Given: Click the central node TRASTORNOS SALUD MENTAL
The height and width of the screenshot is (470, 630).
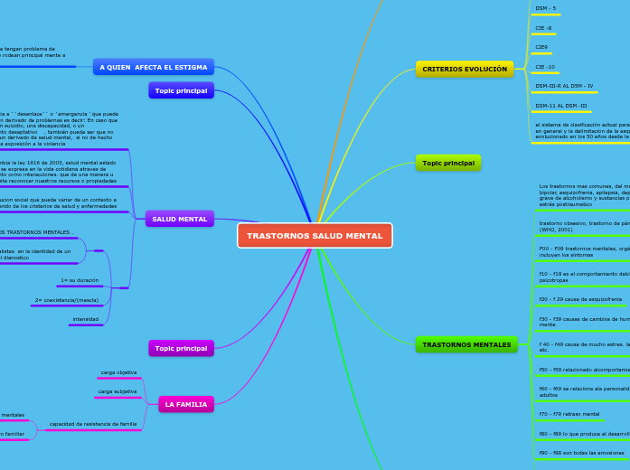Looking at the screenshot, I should pos(315,236).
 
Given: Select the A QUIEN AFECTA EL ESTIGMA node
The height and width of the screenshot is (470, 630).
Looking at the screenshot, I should pos(154,67).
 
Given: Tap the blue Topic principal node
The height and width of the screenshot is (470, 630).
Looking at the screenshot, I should pos(181,90).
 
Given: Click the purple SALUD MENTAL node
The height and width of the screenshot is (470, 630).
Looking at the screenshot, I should pos(179,219).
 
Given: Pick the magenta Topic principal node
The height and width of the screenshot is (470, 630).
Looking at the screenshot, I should pos(181,348).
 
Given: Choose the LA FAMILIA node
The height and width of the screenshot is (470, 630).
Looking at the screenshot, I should pos(185,404).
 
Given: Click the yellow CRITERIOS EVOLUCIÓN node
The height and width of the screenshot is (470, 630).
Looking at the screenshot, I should pos(465,69).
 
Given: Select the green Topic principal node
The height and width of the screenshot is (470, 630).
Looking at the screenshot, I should pos(448,163).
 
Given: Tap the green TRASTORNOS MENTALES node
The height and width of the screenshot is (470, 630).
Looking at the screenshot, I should pos(466,344).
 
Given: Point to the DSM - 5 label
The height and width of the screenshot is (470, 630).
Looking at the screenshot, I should pos(546,8).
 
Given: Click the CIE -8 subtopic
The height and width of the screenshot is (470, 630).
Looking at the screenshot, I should pos(543,28).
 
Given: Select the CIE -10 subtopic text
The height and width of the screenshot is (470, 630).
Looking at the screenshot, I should pos(545,67).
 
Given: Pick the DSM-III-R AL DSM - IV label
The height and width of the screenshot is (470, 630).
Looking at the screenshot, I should pos(564,86).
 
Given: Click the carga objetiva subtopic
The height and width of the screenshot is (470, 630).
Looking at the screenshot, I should pos(118,372).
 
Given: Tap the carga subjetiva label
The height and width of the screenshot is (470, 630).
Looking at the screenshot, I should pos(118,391).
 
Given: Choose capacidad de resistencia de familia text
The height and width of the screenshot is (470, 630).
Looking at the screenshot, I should pos(93,424).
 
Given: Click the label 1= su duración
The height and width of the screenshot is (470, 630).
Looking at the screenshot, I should pos(80,280).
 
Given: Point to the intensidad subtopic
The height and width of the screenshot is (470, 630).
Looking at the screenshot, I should pos(86,319).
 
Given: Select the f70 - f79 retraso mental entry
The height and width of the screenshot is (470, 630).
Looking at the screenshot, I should pos(569,414).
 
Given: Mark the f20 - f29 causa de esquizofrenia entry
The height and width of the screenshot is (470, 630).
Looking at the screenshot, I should pos(580,299).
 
